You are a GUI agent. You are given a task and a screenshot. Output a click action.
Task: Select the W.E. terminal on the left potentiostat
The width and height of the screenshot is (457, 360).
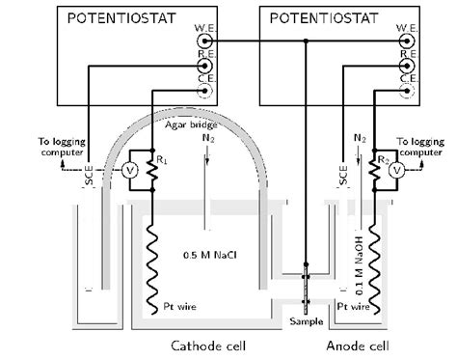pyautogui.click(x=204, y=42)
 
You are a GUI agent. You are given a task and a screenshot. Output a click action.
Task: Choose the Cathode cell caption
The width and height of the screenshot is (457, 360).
pyautogui.click(x=210, y=346)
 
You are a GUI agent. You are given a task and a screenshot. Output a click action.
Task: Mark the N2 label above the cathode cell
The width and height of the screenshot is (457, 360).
pyautogui.click(x=206, y=137)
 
